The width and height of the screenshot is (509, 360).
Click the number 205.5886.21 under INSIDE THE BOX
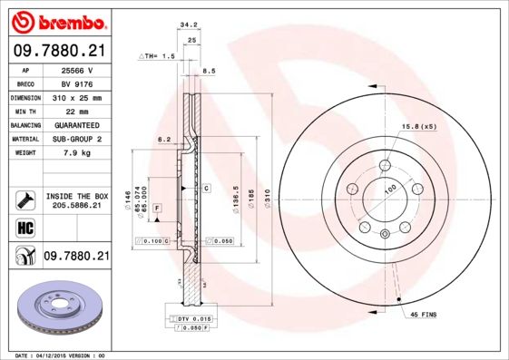point(76,206)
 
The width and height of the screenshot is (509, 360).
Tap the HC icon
point(24,227)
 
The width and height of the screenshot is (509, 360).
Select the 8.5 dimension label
point(208,70)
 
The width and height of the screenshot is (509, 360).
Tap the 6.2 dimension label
point(164,139)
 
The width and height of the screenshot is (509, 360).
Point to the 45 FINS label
point(424,314)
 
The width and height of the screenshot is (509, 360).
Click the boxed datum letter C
point(207,188)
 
